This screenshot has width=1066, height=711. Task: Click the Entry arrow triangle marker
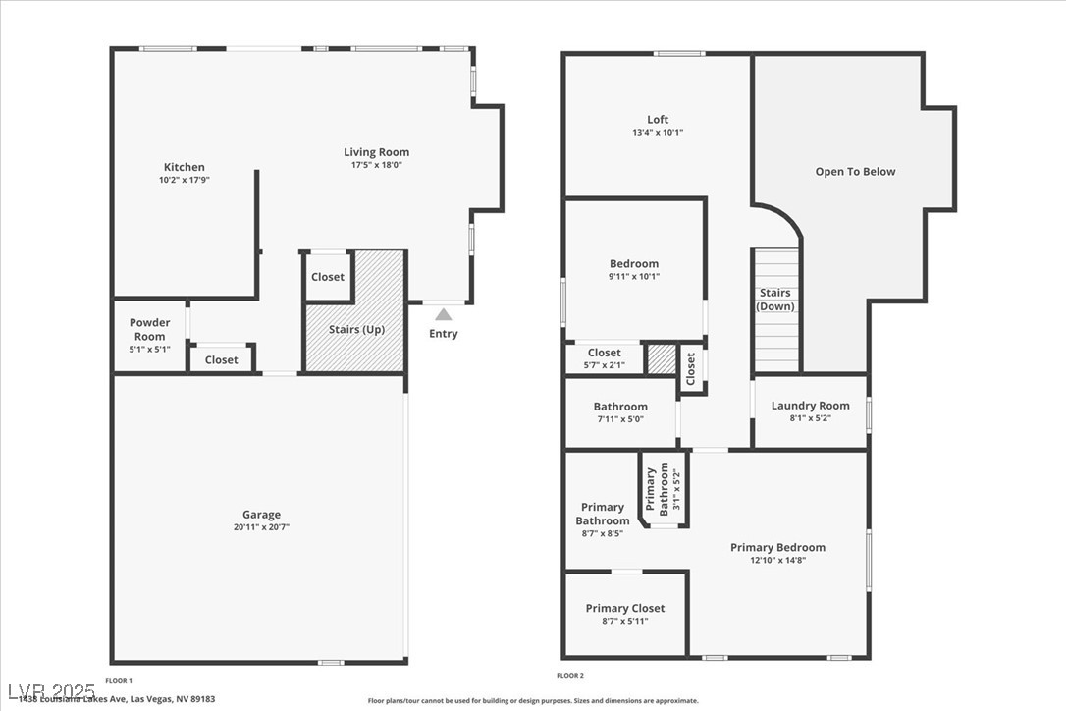click(444, 314)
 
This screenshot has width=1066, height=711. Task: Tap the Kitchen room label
click(185, 167)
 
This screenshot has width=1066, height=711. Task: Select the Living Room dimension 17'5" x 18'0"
click(376, 165)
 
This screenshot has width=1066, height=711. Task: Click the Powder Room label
click(150, 329)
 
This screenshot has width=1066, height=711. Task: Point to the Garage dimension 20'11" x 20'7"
click(261, 527)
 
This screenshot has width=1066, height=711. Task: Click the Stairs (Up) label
click(356, 329)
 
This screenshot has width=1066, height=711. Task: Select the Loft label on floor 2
click(658, 120)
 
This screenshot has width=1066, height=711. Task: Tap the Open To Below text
click(855, 172)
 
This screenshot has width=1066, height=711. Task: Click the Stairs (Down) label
click(775, 300)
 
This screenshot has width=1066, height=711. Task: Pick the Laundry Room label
click(810, 406)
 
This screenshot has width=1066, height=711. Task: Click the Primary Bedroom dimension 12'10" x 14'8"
click(777, 561)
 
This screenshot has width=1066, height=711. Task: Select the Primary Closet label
click(625, 608)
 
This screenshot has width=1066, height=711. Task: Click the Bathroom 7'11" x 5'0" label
click(620, 412)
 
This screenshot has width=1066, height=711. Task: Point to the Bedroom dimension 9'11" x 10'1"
click(634, 277)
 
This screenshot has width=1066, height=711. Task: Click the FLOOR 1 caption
click(119, 680)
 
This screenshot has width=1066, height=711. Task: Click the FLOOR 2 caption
click(570, 675)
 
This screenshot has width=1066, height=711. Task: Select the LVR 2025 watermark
click(50, 691)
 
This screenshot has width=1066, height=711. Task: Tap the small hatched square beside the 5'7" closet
click(662, 359)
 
